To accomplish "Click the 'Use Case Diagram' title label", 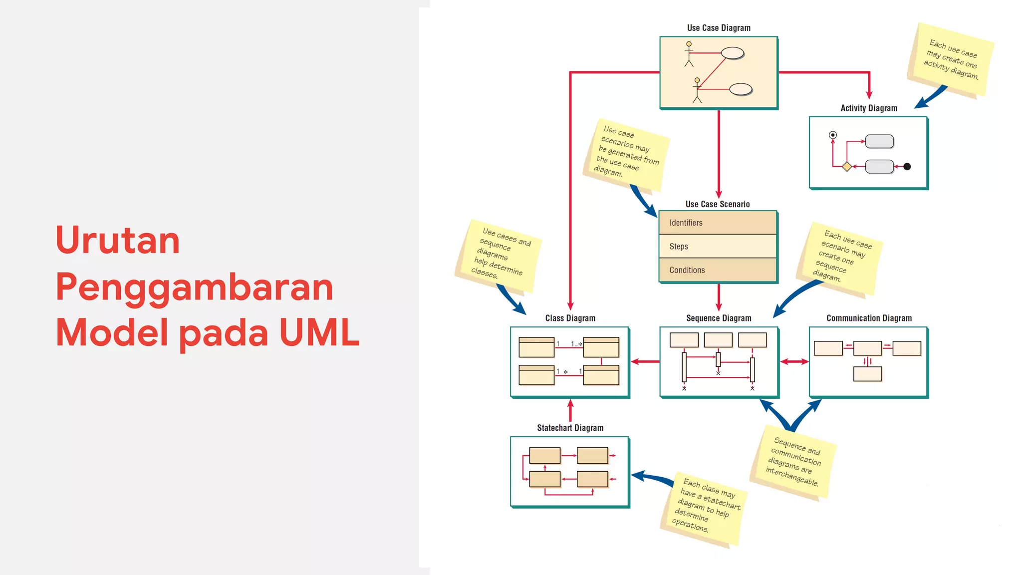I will [719, 28].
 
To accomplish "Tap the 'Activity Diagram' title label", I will [869, 108].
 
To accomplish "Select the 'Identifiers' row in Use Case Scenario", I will [718, 223].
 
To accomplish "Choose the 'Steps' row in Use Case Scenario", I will [718, 246].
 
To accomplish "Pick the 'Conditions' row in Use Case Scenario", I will [718, 270].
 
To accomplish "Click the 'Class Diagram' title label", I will [570, 318].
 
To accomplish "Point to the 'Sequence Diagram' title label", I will [719, 318].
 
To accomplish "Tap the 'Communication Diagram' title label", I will [869, 318].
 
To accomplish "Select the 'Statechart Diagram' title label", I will [570, 428].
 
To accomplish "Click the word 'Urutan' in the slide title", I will [118, 241].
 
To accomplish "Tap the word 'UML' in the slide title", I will [319, 332].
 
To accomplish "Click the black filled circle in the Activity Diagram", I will [907, 167].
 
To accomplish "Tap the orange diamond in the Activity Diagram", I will [847, 167].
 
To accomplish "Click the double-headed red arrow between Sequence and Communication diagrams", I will [794, 361].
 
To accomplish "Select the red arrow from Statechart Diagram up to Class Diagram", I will [570, 411].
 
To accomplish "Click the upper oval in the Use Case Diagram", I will [733, 53].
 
